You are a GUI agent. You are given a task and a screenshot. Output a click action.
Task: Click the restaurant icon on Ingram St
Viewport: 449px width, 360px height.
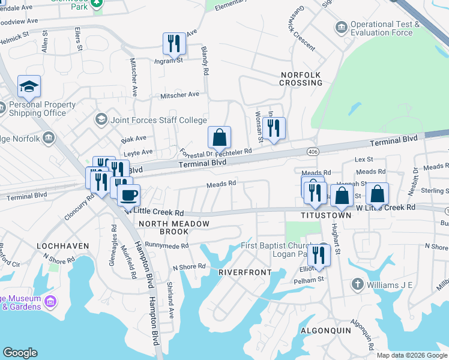point(172,43)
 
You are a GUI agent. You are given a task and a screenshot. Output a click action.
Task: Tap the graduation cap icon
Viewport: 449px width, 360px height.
point(29,87)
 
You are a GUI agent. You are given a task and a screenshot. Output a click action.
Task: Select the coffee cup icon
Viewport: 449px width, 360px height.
point(128,194)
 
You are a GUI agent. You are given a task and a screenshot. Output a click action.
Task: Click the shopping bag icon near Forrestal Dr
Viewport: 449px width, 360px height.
point(220,137)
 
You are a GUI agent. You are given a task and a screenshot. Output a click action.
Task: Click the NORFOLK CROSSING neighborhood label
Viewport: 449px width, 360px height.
point(301,79)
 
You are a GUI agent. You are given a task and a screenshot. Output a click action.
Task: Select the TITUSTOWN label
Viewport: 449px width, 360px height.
point(326,215)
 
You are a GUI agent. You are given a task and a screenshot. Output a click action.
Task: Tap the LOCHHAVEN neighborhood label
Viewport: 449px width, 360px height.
point(63,246)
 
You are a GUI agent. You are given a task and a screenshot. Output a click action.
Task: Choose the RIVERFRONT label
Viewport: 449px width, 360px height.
point(241,272)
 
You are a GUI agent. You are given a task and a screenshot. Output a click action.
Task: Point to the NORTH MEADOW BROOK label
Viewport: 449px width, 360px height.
point(174,227)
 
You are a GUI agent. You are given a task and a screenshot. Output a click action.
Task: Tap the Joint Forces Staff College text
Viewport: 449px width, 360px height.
point(158,119)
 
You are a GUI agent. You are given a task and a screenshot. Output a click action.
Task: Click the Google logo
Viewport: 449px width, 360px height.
point(20,353)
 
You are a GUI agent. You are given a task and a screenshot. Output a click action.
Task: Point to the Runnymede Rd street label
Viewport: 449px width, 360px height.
point(167,245)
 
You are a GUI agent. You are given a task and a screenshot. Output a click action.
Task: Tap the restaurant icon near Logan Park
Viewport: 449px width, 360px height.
point(318,254)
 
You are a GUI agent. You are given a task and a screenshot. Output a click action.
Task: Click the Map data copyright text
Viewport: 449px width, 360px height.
point(411,355)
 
